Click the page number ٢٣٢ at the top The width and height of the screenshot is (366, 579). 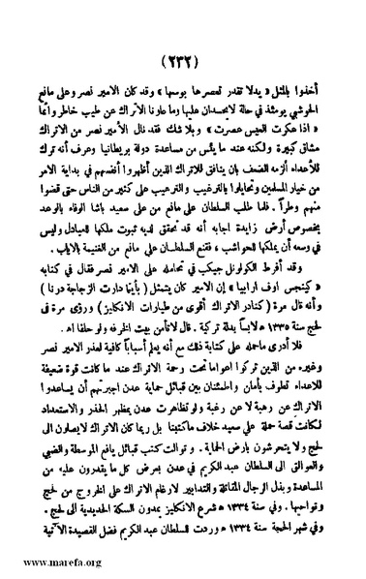(184, 27)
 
